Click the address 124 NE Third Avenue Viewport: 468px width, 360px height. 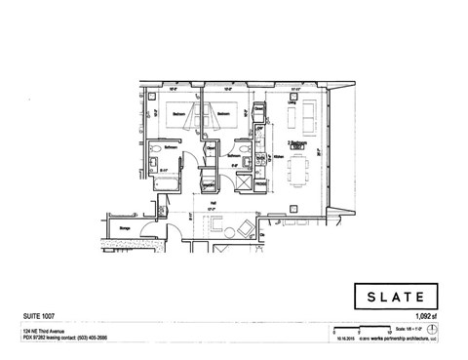click(49, 330)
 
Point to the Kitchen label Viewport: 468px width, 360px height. click(279, 156)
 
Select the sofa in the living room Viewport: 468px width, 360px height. click(309, 119)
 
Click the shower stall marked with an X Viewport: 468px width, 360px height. click(209, 180)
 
